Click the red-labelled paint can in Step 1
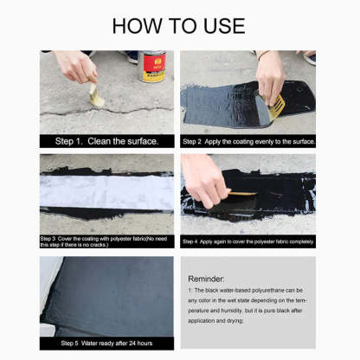coord(152,67)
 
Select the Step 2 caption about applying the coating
coord(248,141)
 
